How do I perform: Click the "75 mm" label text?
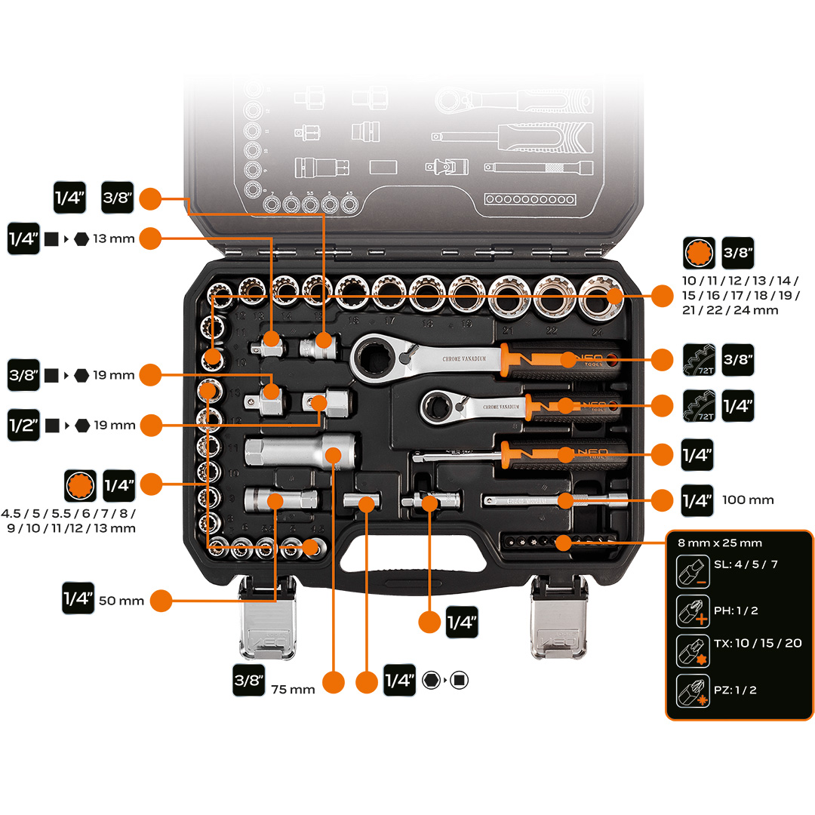pyautogui.click(x=292, y=689)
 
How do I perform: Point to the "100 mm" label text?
pyautogui.click(x=748, y=500)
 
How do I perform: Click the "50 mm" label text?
pyautogui.click(x=121, y=601)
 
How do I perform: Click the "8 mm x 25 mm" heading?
pyautogui.click(x=720, y=543)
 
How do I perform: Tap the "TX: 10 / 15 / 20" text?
pyautogui.click(x=757, y=643)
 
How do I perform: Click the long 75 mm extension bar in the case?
pyautogui.click(x=302, y=451)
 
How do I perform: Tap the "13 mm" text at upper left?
pyautogui.click(x=113, y=238)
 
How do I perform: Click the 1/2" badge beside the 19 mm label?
pyautogui.click(x=23, y=425)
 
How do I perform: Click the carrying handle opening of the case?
pyautogui.click(x=411, y=556)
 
